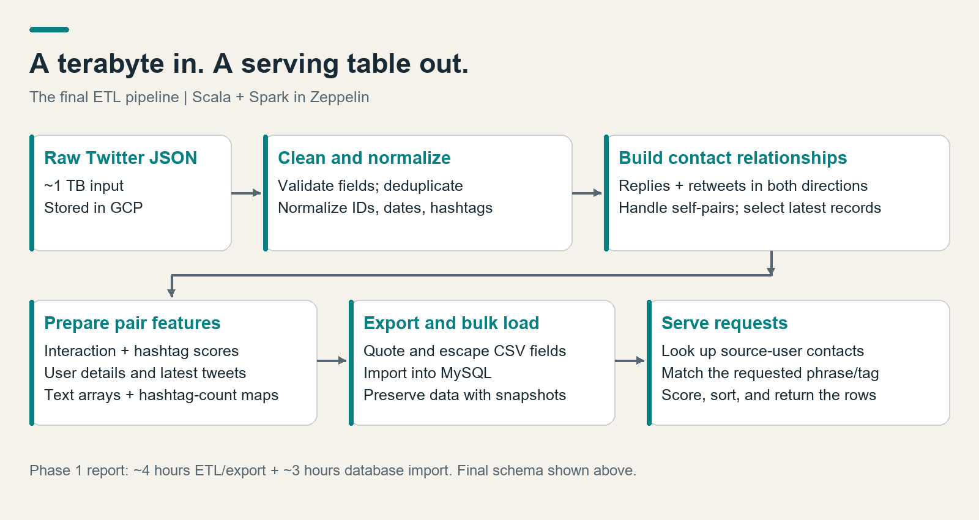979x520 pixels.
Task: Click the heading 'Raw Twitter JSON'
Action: tap(121, 158)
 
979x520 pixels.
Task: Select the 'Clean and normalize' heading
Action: tap(364, 158)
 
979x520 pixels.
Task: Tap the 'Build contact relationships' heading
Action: tap(732, 158)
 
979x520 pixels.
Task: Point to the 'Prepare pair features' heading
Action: tap(132, 323)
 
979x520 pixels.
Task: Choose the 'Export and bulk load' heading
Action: tap(451, 323)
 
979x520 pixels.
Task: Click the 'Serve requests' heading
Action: tap(724, 323)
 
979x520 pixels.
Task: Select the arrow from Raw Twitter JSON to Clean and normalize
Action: tap(246, 193)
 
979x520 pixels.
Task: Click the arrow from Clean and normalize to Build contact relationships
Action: tap(587, 193)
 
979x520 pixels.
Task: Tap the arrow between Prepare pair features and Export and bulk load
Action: tap(332, 361)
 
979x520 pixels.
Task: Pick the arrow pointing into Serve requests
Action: tap(630, 361)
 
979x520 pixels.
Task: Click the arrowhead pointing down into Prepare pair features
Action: tap(172, 293)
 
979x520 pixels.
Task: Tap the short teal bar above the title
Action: tap(49, 30)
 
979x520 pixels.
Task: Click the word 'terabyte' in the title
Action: tap(111, 64)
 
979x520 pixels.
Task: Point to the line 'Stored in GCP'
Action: tap(94, 207)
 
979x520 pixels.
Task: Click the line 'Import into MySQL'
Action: tap(428, 373)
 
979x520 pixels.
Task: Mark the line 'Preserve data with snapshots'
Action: tap(464, 395)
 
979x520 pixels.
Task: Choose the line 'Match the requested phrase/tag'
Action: tap(770, 373)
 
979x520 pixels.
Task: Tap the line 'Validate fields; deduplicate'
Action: tap(370, 186)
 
